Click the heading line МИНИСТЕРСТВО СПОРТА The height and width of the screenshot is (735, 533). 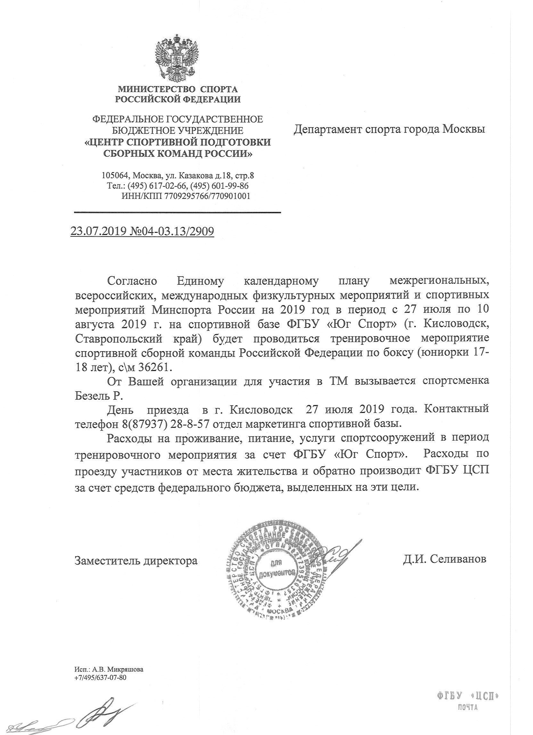(178, 89)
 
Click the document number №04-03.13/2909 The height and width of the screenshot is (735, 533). (172, 231)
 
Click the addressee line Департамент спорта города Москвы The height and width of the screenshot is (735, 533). (389, 129)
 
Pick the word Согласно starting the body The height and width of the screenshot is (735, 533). (132, 281)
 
